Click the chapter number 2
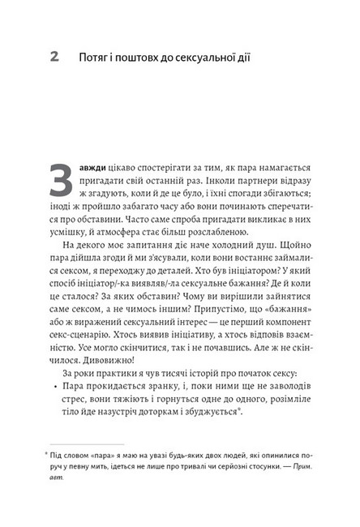54,58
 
